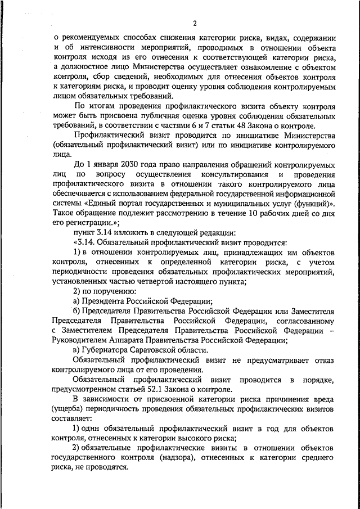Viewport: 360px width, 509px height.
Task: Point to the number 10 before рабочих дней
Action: (x=250, y=213)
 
